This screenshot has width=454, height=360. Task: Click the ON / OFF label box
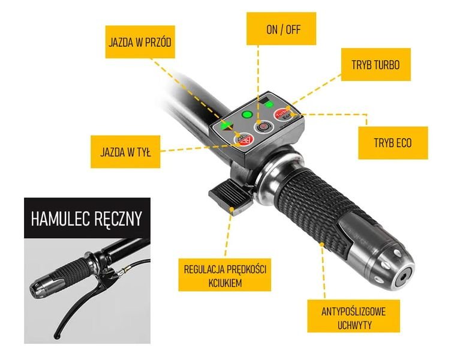click(x=281, y=28)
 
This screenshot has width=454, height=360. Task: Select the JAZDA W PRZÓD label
click(x=140, y=42)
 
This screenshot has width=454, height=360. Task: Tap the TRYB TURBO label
click(x=376, y=65)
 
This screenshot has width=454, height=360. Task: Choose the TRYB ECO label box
click(x=393, y=143)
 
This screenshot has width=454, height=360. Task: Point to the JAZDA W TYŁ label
click(x=125, y=152)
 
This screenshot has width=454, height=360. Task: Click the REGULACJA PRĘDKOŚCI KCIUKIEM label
click(x=225, y=275)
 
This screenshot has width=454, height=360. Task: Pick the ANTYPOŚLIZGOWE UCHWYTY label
click(x=353, y=316)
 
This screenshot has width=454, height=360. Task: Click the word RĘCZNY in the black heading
click(x=118, y=218)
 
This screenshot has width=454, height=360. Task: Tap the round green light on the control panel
click(x=247, y=115)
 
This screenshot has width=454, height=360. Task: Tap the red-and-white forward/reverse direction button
click(x=244, y=139)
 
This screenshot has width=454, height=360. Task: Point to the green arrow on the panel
click(x=226, y=126)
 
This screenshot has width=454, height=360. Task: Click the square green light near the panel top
click(x=269, y=104)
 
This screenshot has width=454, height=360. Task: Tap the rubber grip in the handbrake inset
click(x=71, y=270)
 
